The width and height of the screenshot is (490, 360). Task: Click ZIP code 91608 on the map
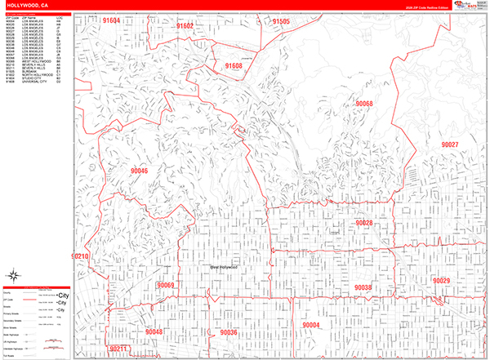tap(233, 65)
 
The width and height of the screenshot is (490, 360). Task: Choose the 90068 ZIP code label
tap(363, 104)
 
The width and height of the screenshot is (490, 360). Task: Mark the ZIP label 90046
tap(138, 171)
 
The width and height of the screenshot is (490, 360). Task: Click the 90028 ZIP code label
tap(363, 223)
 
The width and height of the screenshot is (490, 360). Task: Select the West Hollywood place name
tap(223, 267)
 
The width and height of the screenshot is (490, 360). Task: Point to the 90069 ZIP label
tap(166, 285)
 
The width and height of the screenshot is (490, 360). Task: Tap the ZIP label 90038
tap(363, 287)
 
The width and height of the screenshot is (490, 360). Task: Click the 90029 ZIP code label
tap(441, 281)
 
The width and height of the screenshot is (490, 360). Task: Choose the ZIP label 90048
tap(154, 332)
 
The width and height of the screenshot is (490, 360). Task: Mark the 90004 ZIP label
tap(311, 325)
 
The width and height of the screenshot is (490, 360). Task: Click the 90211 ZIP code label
tap(119, 349)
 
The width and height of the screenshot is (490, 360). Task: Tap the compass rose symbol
tap(14, 274)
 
